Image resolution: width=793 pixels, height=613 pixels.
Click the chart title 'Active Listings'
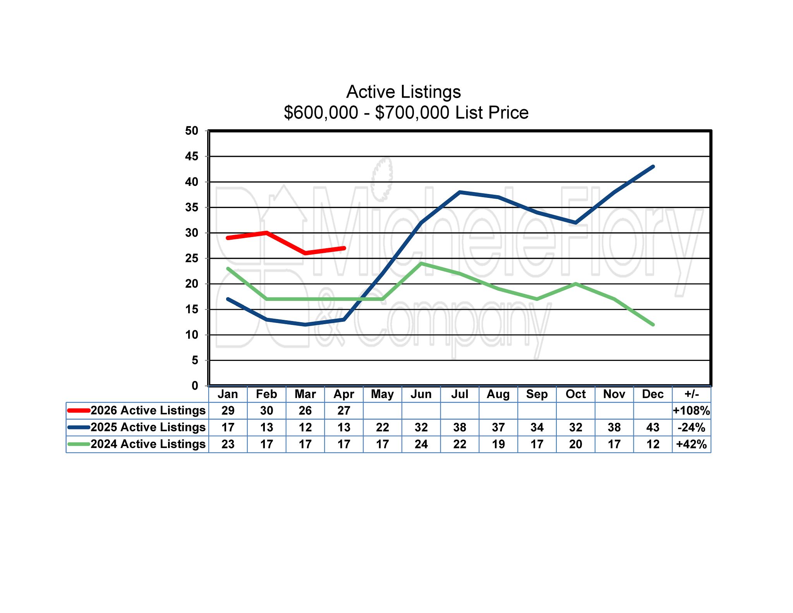[403, 92]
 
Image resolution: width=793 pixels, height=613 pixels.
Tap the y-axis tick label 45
[192, 156]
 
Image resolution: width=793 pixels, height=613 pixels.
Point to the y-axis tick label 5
[194, 361]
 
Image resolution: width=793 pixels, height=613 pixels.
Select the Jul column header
[460, 394]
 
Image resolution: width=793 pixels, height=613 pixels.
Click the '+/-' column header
[692, 394]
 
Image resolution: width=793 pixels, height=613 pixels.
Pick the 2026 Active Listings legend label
[148, 410]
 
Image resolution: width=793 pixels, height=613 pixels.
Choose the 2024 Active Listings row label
[148, 444]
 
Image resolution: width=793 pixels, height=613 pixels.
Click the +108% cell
[692, 411]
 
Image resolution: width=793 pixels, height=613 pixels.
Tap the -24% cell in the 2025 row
[692, 428]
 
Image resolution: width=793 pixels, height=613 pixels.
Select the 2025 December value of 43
[653, 428]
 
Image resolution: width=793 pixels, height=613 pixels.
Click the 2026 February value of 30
[266, 411]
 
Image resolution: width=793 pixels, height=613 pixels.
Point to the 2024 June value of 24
[421, 444]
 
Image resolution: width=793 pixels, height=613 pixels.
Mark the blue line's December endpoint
[653, 167]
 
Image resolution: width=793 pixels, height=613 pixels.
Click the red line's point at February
[267, 233]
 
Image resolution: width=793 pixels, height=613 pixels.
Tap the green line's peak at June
[421, 263]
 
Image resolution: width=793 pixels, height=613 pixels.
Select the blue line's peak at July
[460, 192]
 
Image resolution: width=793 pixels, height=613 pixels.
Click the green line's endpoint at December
[653, 325]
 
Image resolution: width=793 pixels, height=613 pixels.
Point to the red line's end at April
[344, 248]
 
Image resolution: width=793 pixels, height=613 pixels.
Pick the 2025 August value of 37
[498, 428]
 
